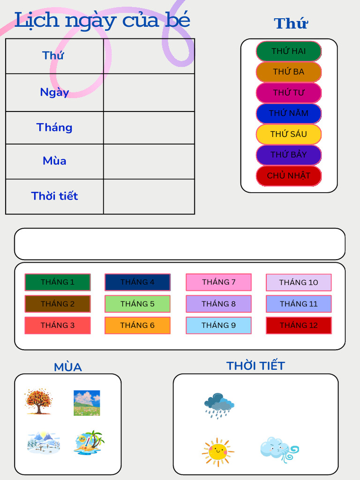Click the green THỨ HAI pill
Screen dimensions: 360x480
pos(289,51)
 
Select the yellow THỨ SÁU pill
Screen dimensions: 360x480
pos(289,134)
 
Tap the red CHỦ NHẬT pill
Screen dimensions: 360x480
pos(289,176)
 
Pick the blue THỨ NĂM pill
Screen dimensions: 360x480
pos(289,113)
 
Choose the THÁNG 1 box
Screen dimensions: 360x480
pos(58,282)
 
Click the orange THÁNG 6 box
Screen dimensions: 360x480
pos(137,325)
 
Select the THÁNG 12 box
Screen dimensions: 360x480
pos(299,325)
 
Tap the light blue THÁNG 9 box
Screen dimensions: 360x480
pos(218,325)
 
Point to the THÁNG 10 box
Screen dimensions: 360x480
pos(299,282)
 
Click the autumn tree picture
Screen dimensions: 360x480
pos(38,401)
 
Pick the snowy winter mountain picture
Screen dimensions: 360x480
pos(43,442)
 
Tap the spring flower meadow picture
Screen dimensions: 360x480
pos(87,403)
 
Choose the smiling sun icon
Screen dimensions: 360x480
pos(218,452)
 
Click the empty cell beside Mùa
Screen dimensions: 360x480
pos(149,161)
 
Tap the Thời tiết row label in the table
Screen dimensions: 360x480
pos(54,196)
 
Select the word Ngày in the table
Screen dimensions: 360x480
pos(54,92)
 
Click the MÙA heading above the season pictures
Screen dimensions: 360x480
pos(68,367)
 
